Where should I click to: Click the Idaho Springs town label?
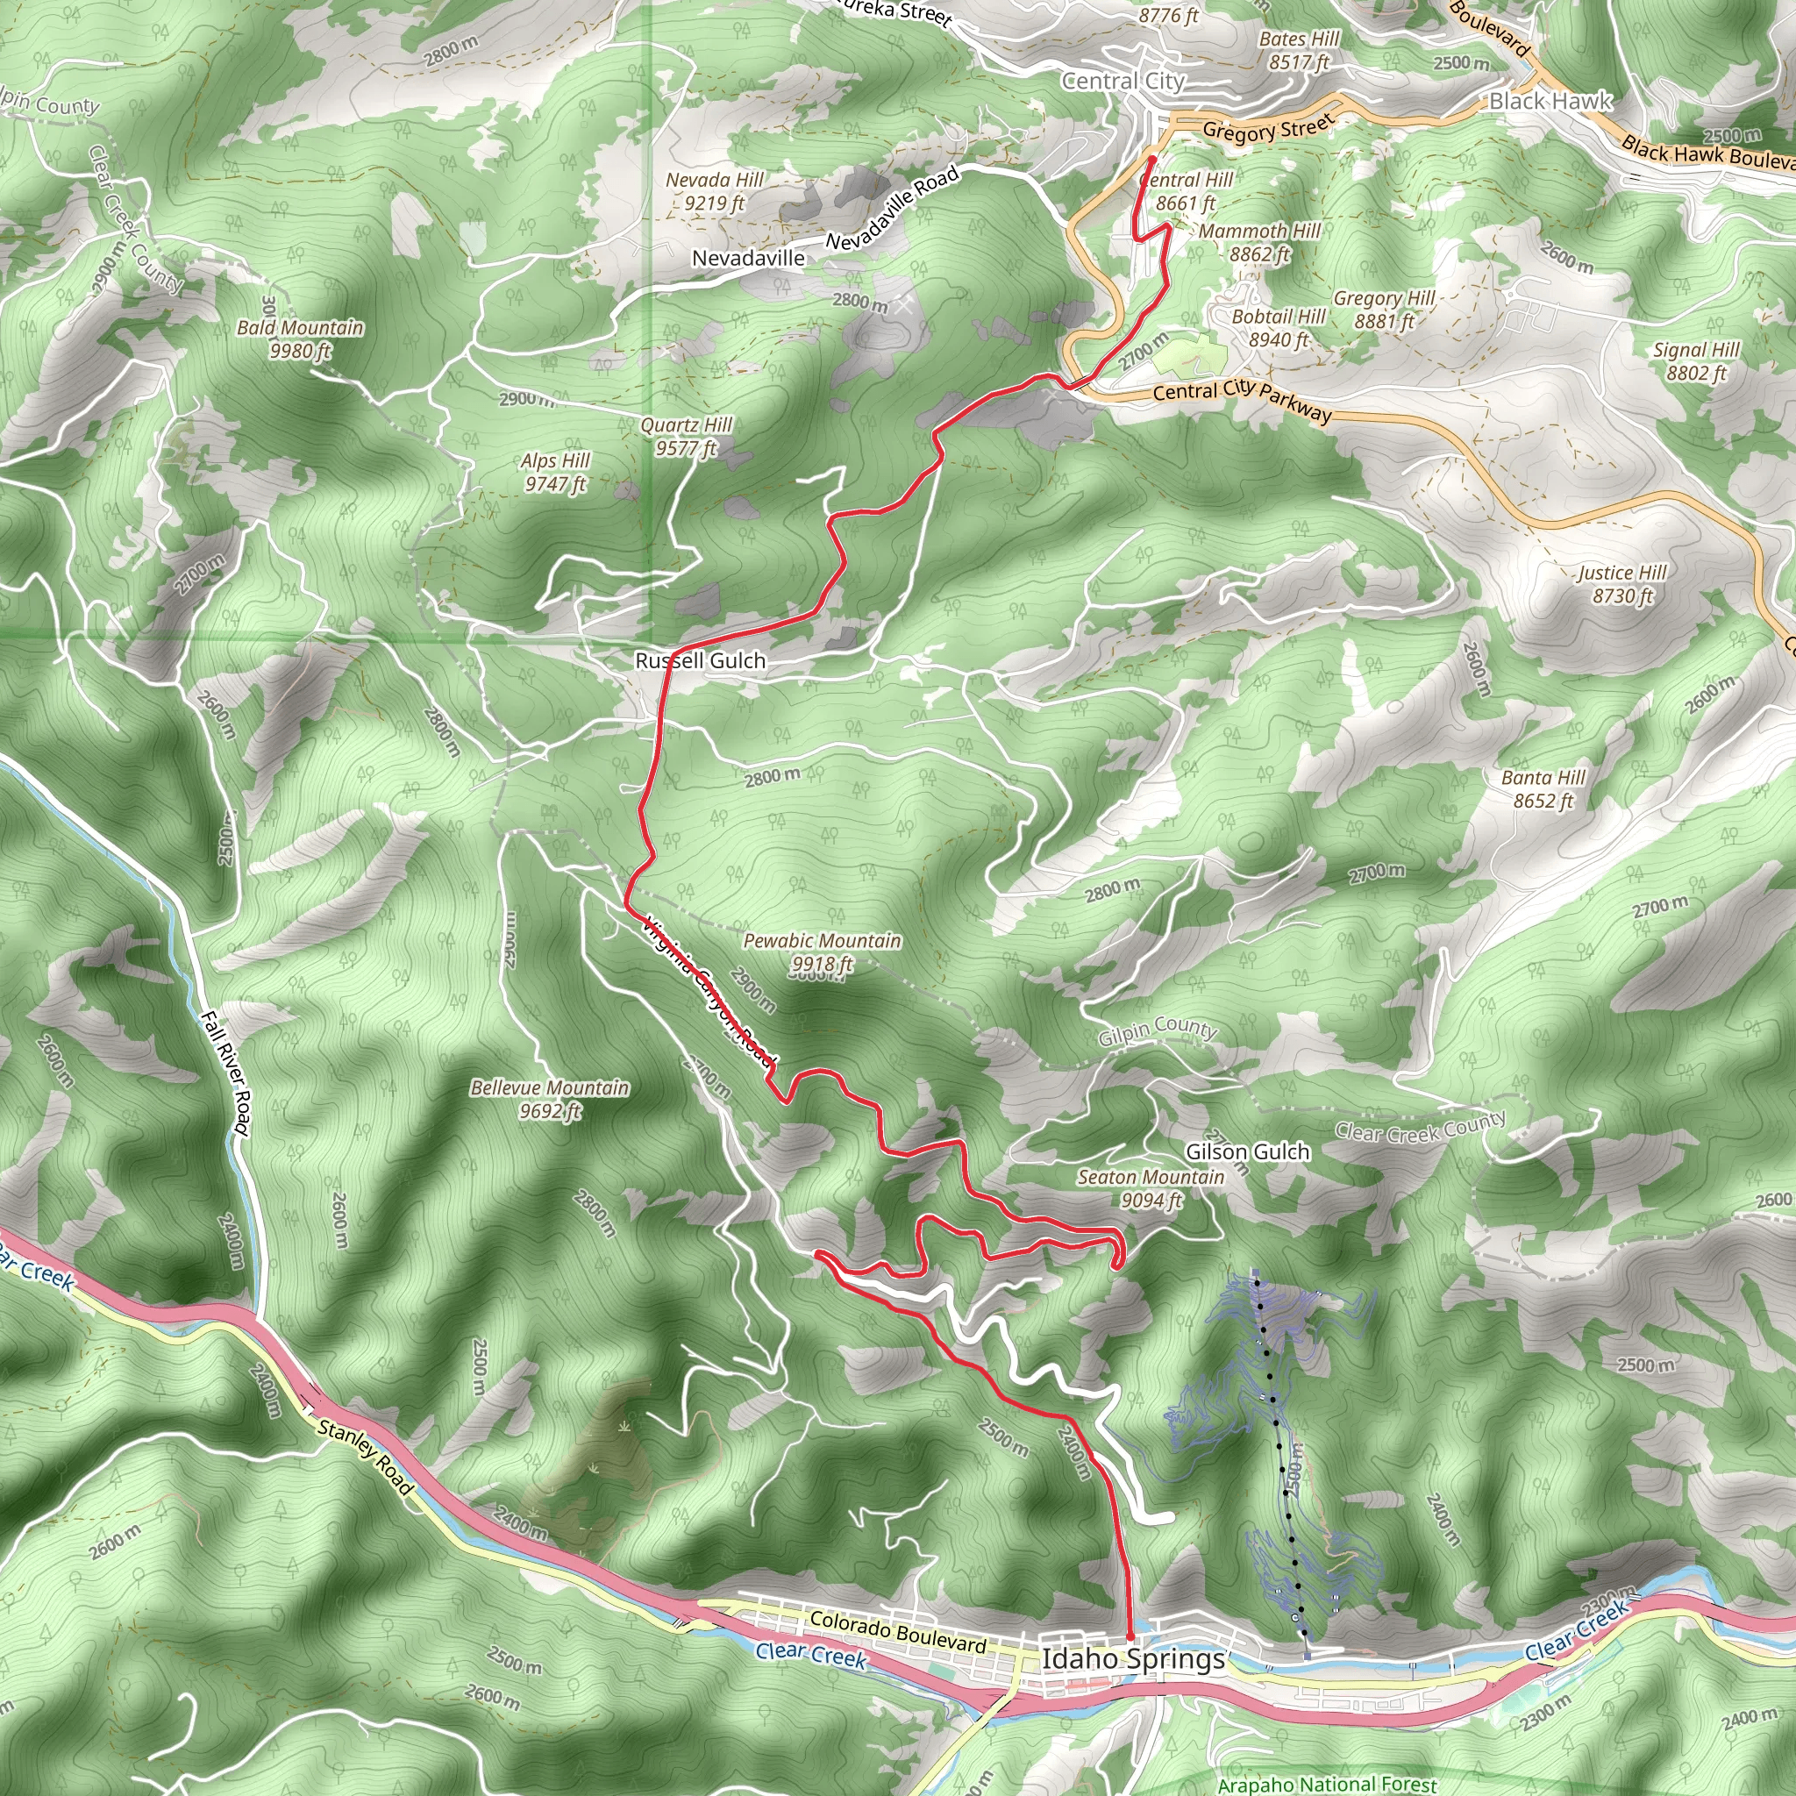(1132, 1659)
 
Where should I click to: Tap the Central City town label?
(1123, 82)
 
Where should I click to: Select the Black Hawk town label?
(1550, 102)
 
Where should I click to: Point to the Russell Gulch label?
(700, 661)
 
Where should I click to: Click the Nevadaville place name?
(748, 259)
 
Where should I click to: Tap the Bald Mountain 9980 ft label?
(299, 339)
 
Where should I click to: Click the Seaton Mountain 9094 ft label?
(1151, 1188)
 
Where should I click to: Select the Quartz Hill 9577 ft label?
(686, 437)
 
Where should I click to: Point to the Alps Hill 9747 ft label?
(555, 473)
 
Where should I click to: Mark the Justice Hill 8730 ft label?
(1622, 584)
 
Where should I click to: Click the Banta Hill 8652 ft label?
(1543, 788)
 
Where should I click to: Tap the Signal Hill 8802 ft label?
(1696, 361)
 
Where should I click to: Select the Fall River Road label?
(226, 1073)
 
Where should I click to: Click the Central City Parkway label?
(1242, 402)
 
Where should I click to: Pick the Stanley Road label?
(365, 1456)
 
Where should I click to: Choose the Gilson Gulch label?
(1247, 1151)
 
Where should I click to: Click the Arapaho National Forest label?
(1327, 1784)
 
